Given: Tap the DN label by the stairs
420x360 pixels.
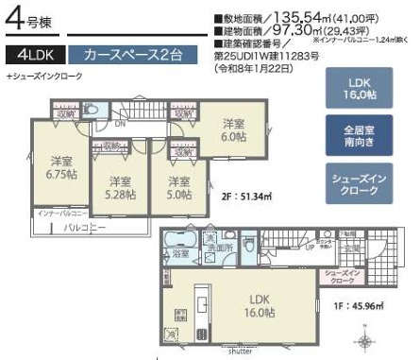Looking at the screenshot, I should click(120, 123).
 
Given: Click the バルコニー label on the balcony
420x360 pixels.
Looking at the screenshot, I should click(84, 228).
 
